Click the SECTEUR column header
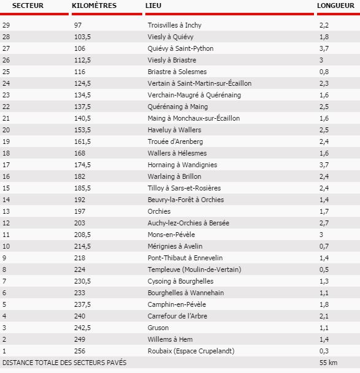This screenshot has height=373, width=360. pos(19,5)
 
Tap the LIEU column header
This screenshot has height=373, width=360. pos(153,5)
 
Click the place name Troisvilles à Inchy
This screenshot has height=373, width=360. pos(174,25)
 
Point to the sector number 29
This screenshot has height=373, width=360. pos(6,25)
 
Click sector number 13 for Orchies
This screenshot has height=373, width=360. pos(6,211)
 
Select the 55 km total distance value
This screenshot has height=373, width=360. pos(328,363)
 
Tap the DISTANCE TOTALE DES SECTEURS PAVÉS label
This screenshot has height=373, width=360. pos(64,363)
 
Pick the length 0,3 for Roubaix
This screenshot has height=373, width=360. pos(324,351)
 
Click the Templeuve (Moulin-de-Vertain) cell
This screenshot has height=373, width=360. pos(186,269)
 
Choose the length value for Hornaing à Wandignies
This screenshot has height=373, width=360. pos(324,165)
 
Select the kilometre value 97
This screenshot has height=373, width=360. pos(77,25)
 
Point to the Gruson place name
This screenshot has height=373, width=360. pos(158,328)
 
